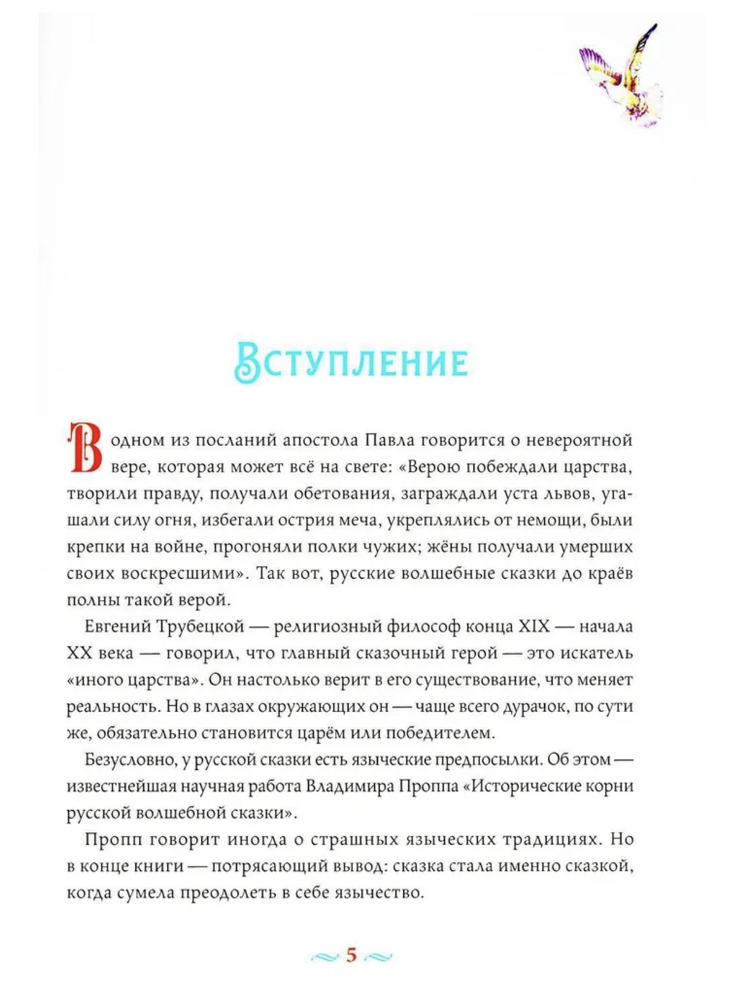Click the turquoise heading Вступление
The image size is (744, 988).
(x=351, y=361)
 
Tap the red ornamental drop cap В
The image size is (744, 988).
(x=84, y=446)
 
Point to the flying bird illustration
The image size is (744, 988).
(x=623, y=76)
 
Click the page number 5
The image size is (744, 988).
(x=352, y=955)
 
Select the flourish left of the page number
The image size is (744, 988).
(x=324, y=957)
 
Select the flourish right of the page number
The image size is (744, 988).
(x=379, y=957)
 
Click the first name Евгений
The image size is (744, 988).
(x=118, y=626)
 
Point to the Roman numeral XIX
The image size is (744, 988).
(x=534, y=626)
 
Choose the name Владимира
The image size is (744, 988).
(x=351, y=786)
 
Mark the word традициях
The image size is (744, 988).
(x=551, y=839)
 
